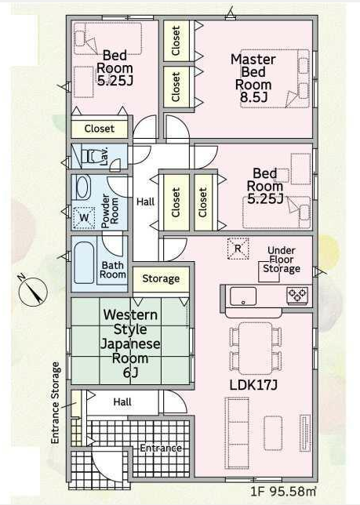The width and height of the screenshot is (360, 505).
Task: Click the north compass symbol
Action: (32, 291)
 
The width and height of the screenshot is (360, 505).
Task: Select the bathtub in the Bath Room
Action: (84, 263)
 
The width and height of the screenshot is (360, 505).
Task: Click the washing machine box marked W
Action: (84, 218)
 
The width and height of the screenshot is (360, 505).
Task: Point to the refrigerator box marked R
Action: (238, 249)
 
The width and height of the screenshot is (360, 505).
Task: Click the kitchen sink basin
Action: (243, 296)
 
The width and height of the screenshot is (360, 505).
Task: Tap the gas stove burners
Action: (297, 295)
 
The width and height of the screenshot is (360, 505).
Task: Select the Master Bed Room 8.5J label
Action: (253, 78)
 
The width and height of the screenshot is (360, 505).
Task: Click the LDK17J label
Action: (253, 384)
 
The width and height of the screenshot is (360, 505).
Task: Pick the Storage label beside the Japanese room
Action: (161, 278)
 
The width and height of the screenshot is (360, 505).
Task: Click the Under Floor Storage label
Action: (282, 260)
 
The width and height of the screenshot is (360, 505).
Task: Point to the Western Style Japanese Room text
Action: (130, 343)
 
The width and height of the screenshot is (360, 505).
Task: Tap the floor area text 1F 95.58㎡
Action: (283, 491)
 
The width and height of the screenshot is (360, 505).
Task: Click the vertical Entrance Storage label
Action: (56, 402)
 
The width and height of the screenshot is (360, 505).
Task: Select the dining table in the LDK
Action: (256, 347)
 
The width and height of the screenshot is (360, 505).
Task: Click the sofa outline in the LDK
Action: (237, 432)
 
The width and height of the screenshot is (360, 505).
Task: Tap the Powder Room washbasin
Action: (83, 187)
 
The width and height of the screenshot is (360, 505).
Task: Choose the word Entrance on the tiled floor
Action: (161, 448)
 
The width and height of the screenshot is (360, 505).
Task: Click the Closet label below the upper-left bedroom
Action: (100, 129)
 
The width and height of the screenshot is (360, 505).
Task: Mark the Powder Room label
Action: (110, 211)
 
